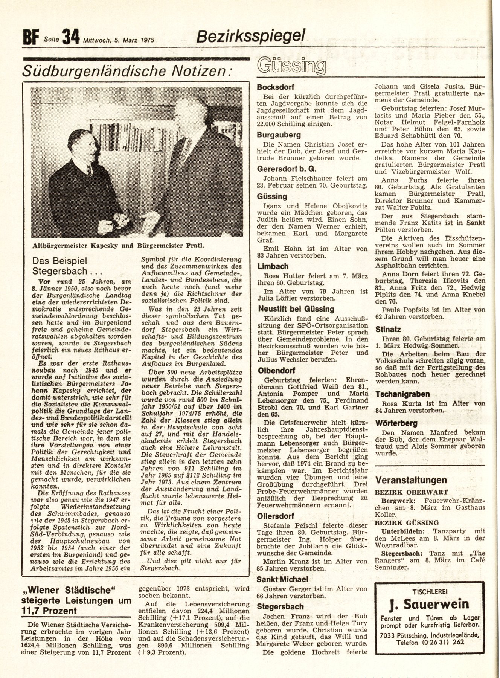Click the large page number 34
[71, 37]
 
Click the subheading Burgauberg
[279, 134]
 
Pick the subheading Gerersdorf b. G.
[286, 169]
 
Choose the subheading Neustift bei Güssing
[296, 309]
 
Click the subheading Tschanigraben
[402, 394]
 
